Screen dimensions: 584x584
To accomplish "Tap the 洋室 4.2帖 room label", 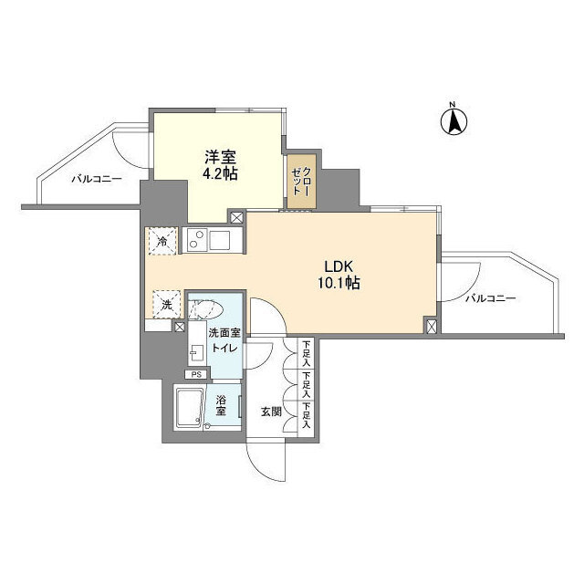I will pyautogui.click(x=221, y=164).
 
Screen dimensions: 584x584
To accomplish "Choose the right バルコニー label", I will pyautogui.click(x=491, y=298).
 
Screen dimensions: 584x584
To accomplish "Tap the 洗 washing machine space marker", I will pyautogui.click(x=166, y=302).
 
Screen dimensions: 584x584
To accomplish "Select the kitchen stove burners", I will pyautogui.click(x=195, y=240).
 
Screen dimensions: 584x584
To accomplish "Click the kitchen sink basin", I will pyautogui.click(x=222, y=240).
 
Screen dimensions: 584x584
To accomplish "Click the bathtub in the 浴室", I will pyautogui.click(x=189, y=406).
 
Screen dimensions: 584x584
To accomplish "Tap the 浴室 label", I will pyautogui.click(x=221, y=406).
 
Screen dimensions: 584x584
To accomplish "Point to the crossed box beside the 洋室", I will pyautogui.click(x=237, y=218).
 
